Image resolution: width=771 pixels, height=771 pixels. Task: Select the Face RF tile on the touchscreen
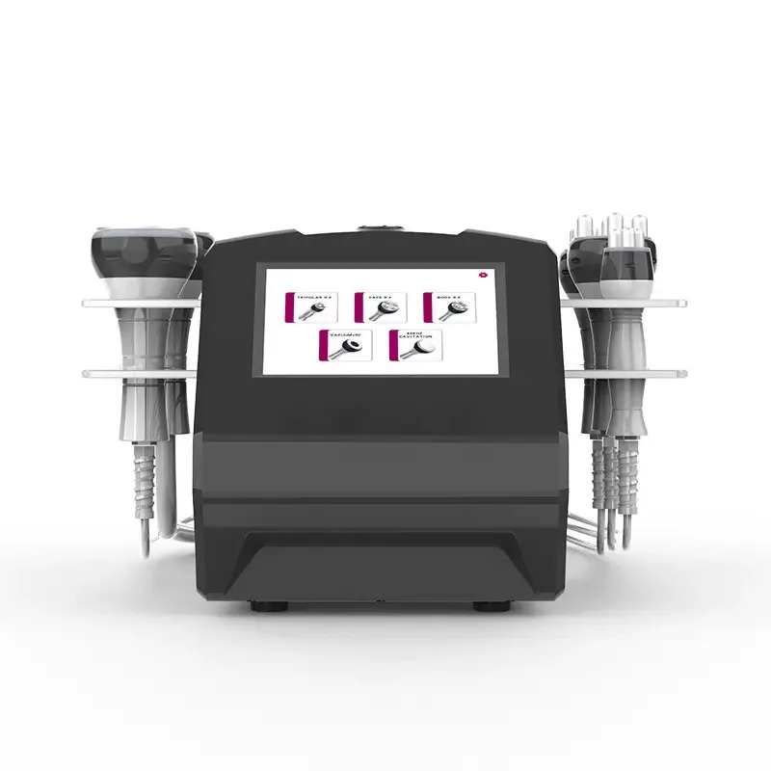[x=381, y=306]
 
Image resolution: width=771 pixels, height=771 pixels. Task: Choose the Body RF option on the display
[x=448, y=306]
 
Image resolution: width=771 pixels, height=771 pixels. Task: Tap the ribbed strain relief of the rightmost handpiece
[x=631, y=472]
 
